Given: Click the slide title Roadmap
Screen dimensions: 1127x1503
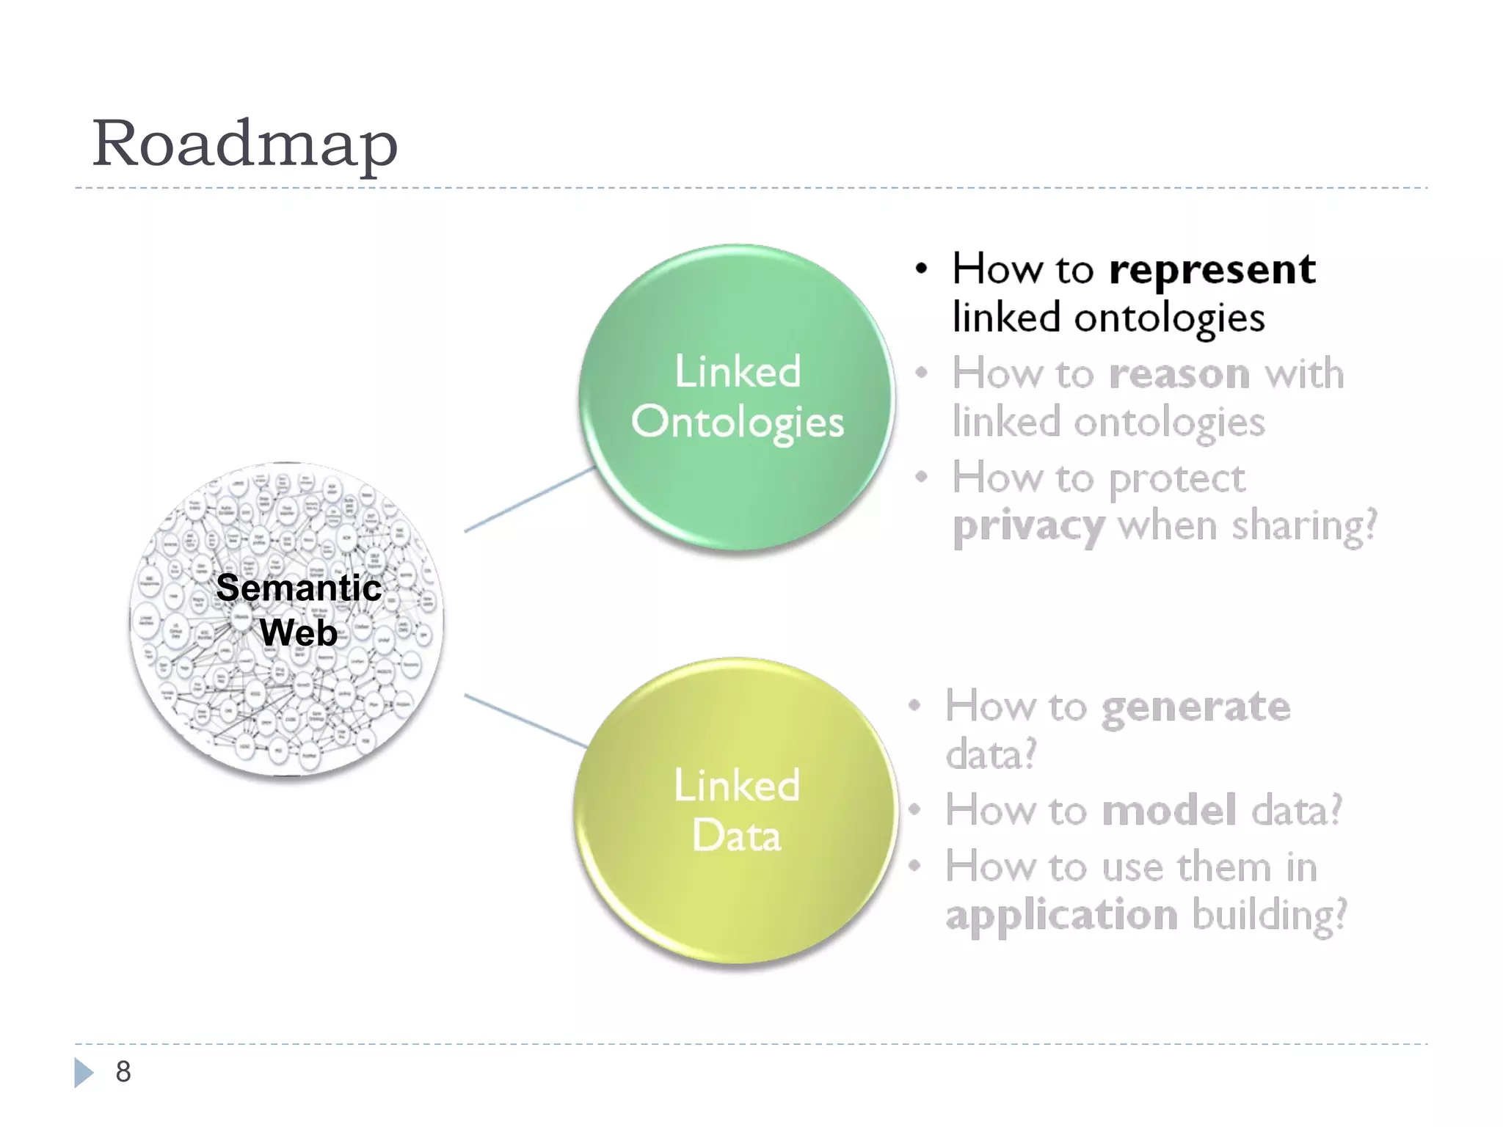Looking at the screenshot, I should click(244, 144).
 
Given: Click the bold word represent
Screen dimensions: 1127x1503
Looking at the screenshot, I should click(1212, 270).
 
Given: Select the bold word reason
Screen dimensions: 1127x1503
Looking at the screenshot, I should click(1179, 374).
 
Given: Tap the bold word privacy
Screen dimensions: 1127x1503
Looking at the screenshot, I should click(1028, 527).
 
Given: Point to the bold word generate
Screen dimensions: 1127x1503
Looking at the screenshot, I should click(1196, 707).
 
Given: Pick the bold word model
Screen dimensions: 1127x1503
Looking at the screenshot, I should click(1169, 811).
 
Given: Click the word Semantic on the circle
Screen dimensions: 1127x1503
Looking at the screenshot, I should click(299, 588).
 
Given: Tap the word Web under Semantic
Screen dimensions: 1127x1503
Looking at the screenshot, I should click(299, 632).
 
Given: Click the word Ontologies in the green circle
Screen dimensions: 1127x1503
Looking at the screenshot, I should click(738, 423).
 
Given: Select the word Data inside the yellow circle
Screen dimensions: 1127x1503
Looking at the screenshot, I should click(737, 836).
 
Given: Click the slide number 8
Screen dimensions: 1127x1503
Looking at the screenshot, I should click(123, 1072).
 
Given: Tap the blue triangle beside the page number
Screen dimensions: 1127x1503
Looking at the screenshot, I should click(83, 1072).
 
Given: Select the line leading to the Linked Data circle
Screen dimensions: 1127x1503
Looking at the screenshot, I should click(525, 721).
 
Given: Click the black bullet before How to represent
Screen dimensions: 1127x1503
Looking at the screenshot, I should click(922, 269).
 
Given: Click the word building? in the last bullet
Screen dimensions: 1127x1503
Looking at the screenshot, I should click(1270, 916).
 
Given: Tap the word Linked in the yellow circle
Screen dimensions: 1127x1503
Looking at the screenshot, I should click(737, 785).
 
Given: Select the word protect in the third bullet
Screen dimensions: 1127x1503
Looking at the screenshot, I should click(1177, 480).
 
